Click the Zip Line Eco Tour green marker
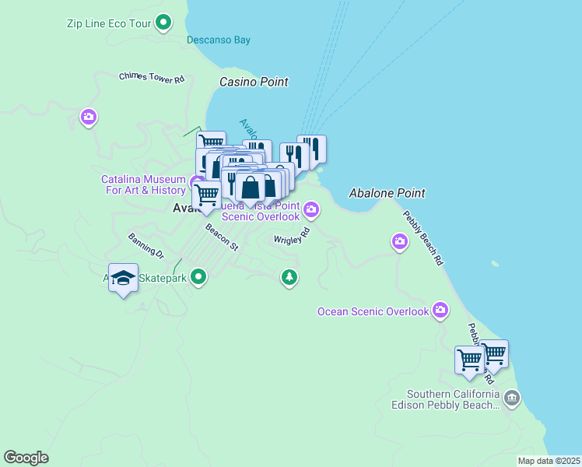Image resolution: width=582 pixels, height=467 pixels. pyautogui.click(x=163, y=23)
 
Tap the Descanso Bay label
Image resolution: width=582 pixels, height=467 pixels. pyautogui.click(x=219, y=40)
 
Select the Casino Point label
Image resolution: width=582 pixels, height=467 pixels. pyautogui.click(x=254, y=82)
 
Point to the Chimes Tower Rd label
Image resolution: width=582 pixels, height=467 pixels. pyautogui.click(x=152, y=78)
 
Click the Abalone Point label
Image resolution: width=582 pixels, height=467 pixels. pyautogui.click(x=387, y=193)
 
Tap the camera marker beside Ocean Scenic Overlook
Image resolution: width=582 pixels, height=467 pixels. pyautogui.click(x=441, y=311)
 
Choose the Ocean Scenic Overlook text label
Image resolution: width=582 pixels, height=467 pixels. pyautogui.click(x=373, y=311)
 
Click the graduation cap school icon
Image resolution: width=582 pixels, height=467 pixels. pyautogui.click(x=124, y=278)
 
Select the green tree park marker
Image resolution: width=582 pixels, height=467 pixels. pyautogui.click(x=289, y=277)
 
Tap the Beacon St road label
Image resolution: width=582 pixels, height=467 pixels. pyautogui.click(x=221, y=237)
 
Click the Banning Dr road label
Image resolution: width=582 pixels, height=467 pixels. pyautogui.click(x=146, y=245)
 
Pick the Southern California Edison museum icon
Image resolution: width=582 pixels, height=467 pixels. pyautogui.click(x=511, y=399)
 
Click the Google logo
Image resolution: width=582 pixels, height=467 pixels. pyautogui.click(x=26, y=458)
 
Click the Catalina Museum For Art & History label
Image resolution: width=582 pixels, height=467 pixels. pyautogui.click(x=144, y=184)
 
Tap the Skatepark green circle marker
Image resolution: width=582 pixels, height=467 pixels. pyautogui.click(x=199, y=277)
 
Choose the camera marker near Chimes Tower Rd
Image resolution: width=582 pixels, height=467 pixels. pyautogui.click(x=88, y=118)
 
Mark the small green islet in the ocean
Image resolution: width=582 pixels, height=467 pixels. pyautogui.click(x=495, y=263)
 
